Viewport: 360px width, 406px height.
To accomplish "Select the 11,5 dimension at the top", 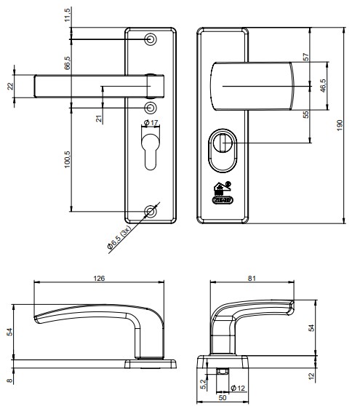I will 68,15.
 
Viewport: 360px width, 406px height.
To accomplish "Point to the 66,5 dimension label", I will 68,63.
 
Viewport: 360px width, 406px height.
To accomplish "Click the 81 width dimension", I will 252,277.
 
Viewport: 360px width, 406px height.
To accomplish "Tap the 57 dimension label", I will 306,55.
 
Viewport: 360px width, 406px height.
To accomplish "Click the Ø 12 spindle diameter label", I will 237,386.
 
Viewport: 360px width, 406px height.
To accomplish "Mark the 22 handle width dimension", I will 9,86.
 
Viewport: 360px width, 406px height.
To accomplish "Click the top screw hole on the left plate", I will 151,39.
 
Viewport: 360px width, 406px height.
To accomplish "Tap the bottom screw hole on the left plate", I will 151,212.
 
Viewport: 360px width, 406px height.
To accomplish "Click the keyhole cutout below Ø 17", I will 151,148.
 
